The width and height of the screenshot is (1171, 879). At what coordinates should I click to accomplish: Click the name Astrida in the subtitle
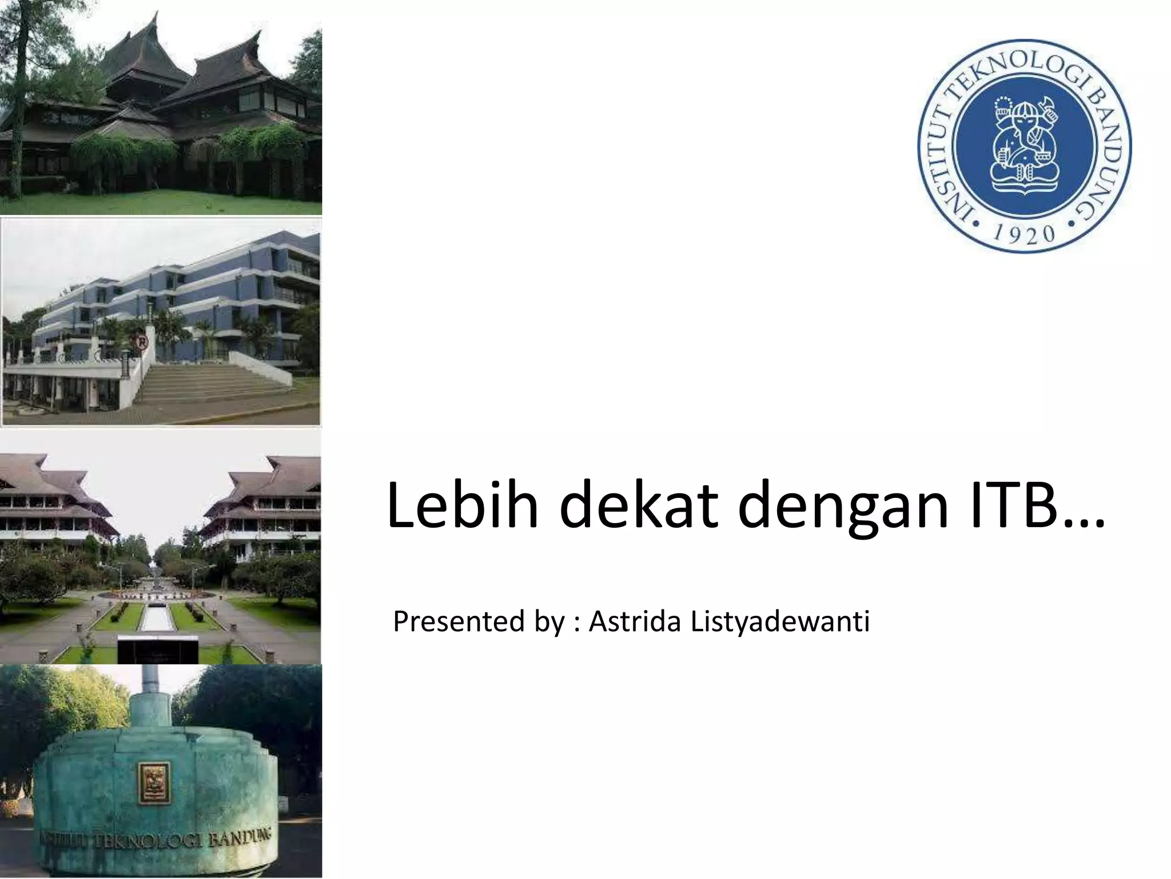pos(634,621)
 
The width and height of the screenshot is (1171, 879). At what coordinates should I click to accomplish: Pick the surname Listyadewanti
pos(780,623)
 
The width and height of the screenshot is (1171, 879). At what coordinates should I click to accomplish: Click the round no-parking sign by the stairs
pos(141,343)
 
